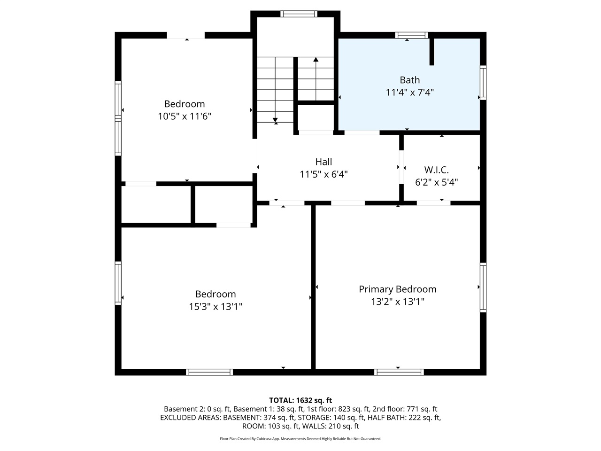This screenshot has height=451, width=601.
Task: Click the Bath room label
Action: tap(409, 80)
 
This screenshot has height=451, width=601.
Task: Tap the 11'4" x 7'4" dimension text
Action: tap(409, 93)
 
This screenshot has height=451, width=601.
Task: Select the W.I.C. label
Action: tap(436, 170)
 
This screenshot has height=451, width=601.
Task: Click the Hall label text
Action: tap(324, 162)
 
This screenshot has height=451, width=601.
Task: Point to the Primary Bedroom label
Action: tap(397, 289)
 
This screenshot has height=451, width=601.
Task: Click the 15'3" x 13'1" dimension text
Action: tap(216, 307)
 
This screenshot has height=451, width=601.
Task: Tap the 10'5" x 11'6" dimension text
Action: tap(185, 116)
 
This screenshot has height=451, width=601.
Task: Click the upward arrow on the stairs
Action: tap(316, 60)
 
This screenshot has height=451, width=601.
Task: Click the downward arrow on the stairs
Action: tap(276, 119)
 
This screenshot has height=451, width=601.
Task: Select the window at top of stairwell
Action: tap(299, 14)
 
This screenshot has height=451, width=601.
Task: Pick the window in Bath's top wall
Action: tap(411, 35)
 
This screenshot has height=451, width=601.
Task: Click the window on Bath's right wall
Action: tap(483, 83)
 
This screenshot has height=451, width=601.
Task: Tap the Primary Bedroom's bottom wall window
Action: tap(399, 372)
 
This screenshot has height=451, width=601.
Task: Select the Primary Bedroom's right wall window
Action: tap(483, 288)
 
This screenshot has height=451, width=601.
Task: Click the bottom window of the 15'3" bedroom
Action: tap(209, 372)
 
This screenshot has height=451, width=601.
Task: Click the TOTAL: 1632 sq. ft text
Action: tap(300, 400)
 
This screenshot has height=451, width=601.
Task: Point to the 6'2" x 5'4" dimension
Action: tap(436, 182)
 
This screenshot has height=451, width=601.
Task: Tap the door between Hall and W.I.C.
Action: tap(401, 167)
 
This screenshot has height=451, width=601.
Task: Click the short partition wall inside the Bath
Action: tap(431, 52)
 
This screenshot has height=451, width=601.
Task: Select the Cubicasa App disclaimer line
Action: tap(300, 439)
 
